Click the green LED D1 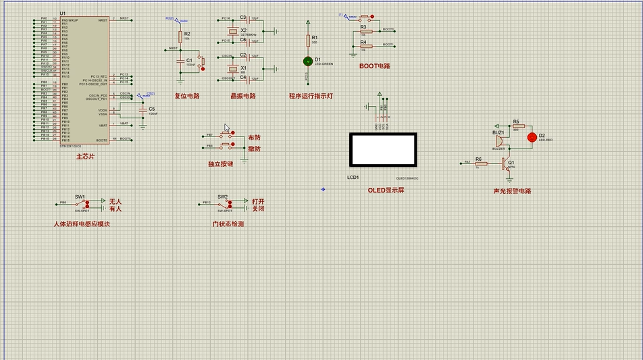pyautogui.click(x=308, y=61)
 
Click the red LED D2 pyautogui.click(x=532, y=137)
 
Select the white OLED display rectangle pyautogui.click(x=382, y=150)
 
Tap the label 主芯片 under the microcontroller pyautogui.click(x=85, y=157)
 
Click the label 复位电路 pyautogui.click(x=187, y=96)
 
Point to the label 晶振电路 pyautogui.click(x=243, y=96)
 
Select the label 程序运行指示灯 pyautogui.click(x=311, y=96)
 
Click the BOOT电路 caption pyautogui.click(x=375, y=66)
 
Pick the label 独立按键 pyautogui.click(x=220, y=164)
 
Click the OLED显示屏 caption pyautogui.click(x=386, y=190)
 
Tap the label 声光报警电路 pyautogui.click(x=512, y=191)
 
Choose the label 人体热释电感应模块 pyautogui.click(x=81, y=224)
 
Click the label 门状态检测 pyautogui.click(x=228, y=224)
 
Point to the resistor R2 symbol pyautogui.click(x=180, y=37)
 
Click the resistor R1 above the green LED pyautogui.click(x=308, y=41)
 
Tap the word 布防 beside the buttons pyautogui.click(x=254, y=138)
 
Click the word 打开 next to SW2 pyautogui.click(x=259, y=201)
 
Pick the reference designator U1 pyautogui.click(x=63, y=14)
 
